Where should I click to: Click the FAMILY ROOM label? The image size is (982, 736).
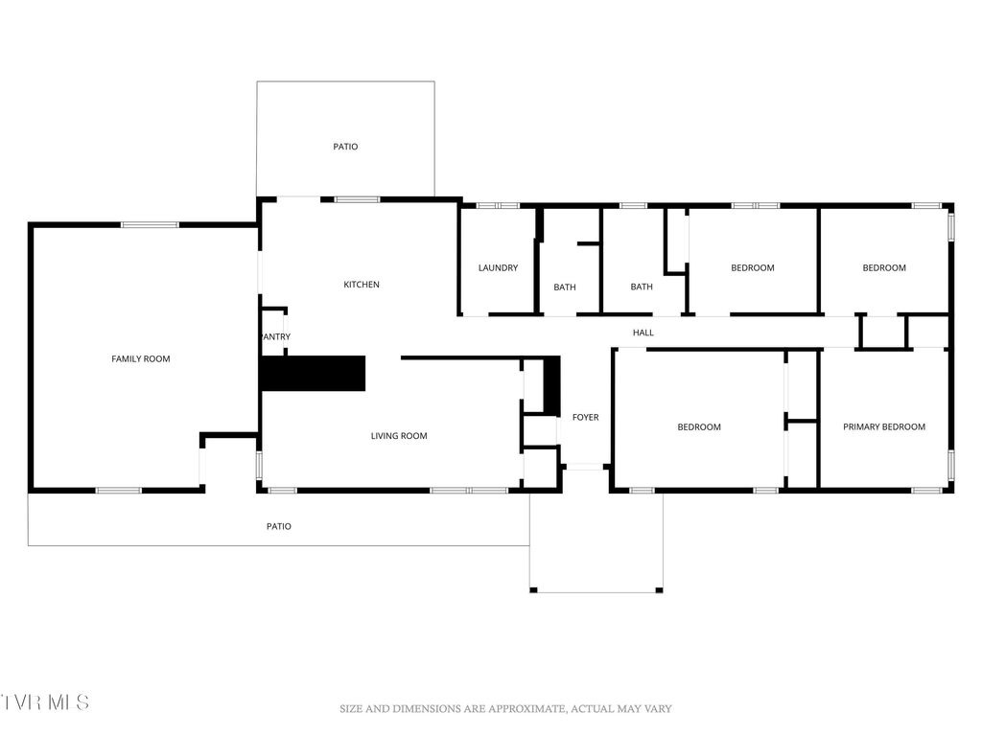pyautogui.click(x=141, y=358)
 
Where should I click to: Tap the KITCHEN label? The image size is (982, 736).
pyautogui.click(x=362, y=285)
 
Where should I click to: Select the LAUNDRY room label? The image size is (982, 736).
pyautogui.click(x=498, y=267)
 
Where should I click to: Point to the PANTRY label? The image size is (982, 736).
pyautogui.click(x=275, y=336)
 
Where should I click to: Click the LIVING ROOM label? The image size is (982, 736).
pyautogui.click(x=399, y=436)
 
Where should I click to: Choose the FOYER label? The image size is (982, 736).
pyautogui.click(x=585, y=417)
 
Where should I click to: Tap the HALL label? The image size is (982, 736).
pyautogui.click(x=643, y=333)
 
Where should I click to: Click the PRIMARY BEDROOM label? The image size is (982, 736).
pyautogui.click(x=884, y=426)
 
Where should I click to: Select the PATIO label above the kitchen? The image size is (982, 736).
pyautogui.click(x=345, y=147)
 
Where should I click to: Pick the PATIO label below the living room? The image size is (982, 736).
pyautogui.click(x=278, y=526)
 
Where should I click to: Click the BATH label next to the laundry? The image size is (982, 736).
pyautogui.click(x=565, y=287)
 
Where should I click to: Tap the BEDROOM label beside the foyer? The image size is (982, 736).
pyautogui.click(x=699, y=426)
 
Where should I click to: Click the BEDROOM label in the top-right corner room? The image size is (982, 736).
pyautogui.click(x=884, y=267)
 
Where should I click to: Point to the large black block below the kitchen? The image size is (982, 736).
pyautogui.click(x=314, y=373)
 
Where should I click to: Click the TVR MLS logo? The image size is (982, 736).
pyautogui.click(x=45, y=702)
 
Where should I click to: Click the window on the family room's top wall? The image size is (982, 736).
pyautogui.click(x=150, y=224)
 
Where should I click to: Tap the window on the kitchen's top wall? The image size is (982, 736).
pyautogui.click(x=357, y=199)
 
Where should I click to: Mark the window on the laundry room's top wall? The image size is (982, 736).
pyautogui.click(x=498, y=205)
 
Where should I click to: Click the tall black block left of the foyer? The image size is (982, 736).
pyautogui.click(x=551, y=385)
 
